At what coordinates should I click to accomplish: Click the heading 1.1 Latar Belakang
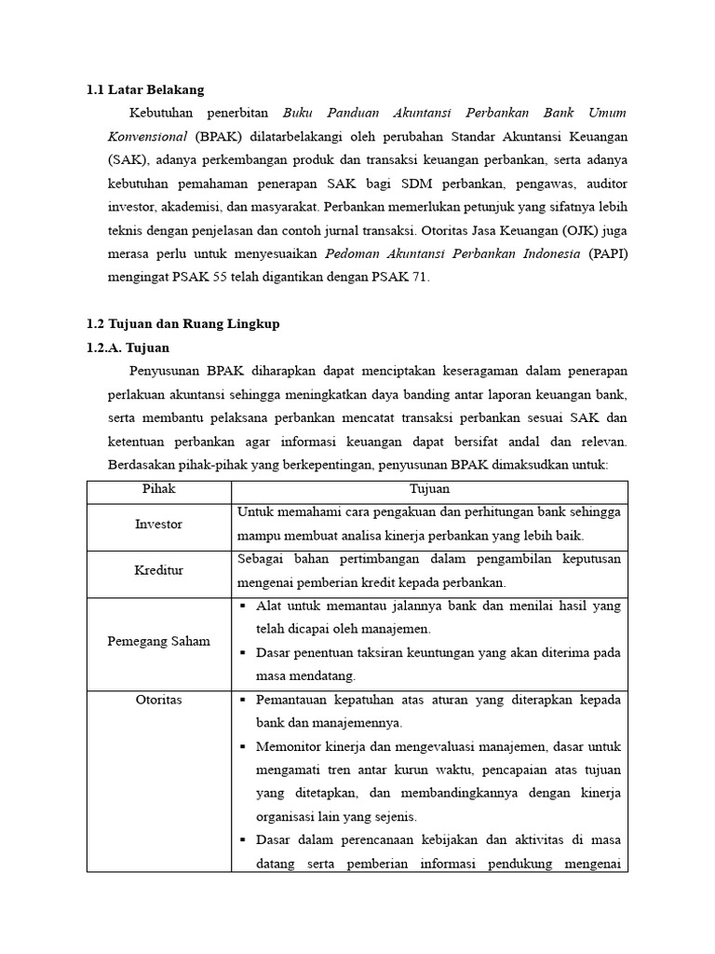[x=144, y=89]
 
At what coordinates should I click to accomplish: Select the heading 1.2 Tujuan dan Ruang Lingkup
[x=182, y=323]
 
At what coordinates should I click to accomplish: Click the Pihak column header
[x=158, y=488]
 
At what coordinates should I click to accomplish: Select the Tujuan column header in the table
[x=429, y=488]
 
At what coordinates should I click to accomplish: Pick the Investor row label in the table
[x=158, y=525]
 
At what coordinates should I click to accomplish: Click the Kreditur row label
[x=158, y=571]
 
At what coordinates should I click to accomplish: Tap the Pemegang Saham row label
[x=158, y=641]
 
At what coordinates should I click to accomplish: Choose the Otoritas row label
[x=158, y=700]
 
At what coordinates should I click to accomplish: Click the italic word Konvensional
[x=149, y=136]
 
